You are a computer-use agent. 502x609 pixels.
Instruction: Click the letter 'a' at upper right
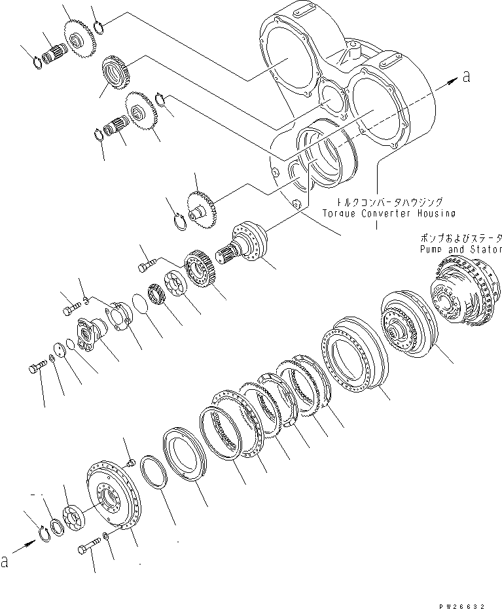click(x=466, y=77)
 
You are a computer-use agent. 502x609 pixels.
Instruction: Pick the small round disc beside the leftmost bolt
click(x=58, y=350)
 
